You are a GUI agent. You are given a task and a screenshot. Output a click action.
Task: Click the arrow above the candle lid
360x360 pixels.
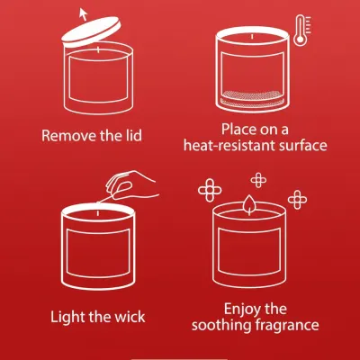[x=83, y=14]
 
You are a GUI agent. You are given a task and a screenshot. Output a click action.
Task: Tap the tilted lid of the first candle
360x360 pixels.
[x=91, y=32]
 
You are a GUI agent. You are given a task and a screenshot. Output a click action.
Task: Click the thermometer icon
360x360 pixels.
[x=301, y=31]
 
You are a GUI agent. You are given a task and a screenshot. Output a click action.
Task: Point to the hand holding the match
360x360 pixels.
[x=130, y=185]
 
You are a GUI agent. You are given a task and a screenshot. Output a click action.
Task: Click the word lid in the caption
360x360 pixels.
[x=133, y=135]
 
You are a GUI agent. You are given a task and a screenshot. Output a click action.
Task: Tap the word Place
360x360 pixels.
[x=238, y=130]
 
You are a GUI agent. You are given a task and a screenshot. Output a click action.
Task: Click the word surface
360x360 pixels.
[x=303, y=145]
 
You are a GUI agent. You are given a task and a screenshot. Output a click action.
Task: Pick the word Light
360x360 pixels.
[x=64, y=317]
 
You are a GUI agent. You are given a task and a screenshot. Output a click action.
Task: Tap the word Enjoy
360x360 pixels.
[x=243, y=310]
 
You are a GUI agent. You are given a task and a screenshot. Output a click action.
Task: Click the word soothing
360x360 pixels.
[x=221, y=325]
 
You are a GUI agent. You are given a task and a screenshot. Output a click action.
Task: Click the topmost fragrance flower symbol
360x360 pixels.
[x=258, y=180]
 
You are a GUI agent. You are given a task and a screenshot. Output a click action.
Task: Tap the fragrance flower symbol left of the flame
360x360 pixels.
[x=210, y=190]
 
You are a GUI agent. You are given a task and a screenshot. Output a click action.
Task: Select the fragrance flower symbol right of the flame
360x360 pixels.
[x=297, y=199]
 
